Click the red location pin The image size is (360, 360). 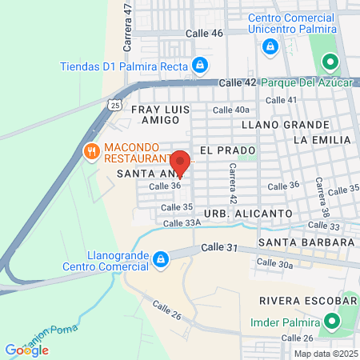click(x=180, y=162)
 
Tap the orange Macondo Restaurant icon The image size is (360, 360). click(x=91, y=150)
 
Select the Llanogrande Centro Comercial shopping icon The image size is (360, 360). click(x=161, y=259)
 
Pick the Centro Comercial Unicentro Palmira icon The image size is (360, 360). click(x=270, y=46)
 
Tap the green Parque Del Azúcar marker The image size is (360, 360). click(x=328, y=62)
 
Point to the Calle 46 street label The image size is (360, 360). click(x=204, y=33)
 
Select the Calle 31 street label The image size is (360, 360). click(x=220, y=249)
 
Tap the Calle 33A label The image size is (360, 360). click(x=182, y=223)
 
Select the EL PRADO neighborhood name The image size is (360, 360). click(x=227, y=150)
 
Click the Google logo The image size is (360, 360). click(x=26, y=350)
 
